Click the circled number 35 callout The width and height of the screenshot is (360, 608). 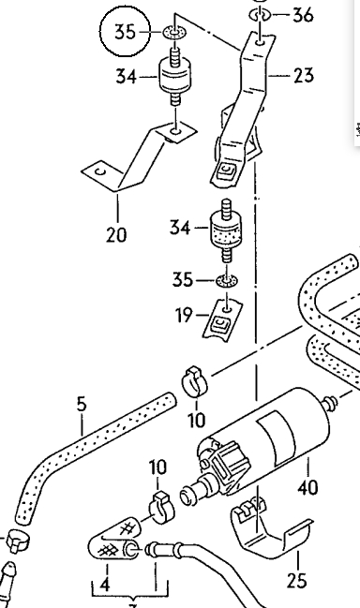click(125, 32)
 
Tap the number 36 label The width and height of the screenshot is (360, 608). click(303, 16)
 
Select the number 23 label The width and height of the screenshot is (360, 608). click(304, 75)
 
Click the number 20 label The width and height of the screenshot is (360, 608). click(116, 234)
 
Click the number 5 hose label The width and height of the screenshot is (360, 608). click(81, 404)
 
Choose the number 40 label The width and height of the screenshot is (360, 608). click(308, 487)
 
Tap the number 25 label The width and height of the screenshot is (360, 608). click(297, 581)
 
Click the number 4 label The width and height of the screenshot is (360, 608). click(105, 585)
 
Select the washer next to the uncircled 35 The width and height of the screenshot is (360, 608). click(227, 280)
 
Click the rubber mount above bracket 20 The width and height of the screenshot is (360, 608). click(175, 76)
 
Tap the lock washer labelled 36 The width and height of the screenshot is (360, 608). click(260, 15)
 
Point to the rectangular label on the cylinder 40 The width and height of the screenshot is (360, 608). click(277, 434)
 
